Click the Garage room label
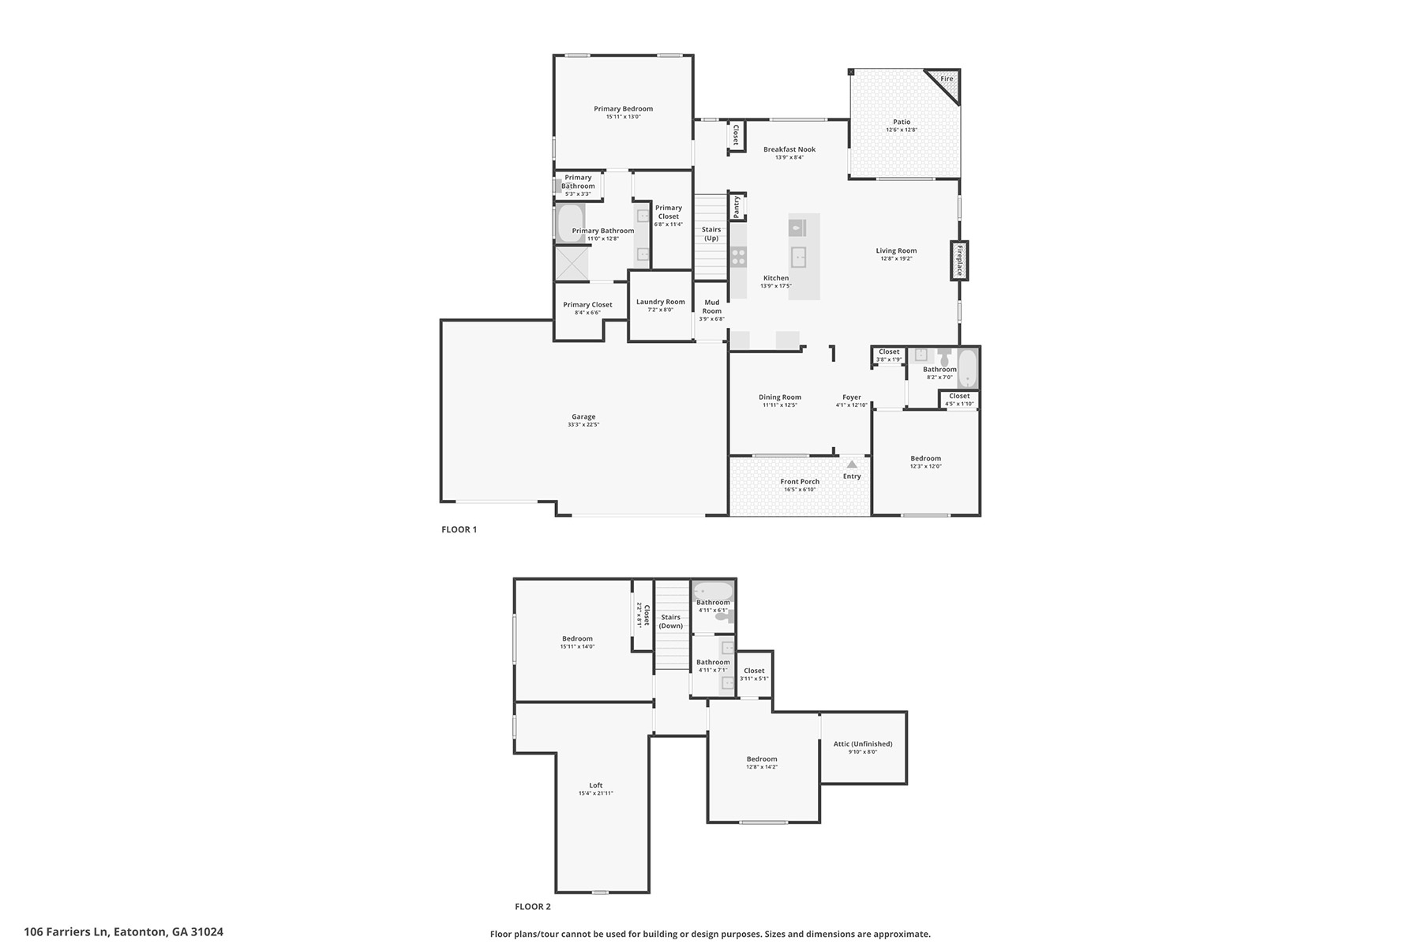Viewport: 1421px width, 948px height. click(583, 416)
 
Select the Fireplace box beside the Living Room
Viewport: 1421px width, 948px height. click(959, 260)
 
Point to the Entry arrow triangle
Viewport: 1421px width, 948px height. click(852, 465)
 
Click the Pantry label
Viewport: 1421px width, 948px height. click(737, 207)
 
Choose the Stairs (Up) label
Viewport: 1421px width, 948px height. click(711, 234)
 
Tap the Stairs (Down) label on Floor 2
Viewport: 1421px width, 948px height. click(671, 622)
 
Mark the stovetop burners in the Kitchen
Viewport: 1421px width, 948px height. click(738, 256)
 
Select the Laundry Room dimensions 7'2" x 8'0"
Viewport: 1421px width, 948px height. click(660, 310)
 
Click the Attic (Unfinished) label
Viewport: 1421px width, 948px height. click(863, 743)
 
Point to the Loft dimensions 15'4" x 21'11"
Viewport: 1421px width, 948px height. click(596, 793)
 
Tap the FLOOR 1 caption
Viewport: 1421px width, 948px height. click(459, 529)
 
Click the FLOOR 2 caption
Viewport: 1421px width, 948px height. click(533, 907)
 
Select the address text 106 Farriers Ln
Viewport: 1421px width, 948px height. click(66, 932)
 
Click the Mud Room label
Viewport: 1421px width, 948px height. click(712, 307)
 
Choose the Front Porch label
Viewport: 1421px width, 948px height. click(800, 481)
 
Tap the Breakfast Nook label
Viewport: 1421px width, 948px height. click(789, 149)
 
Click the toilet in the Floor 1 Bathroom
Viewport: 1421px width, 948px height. click(944, 356)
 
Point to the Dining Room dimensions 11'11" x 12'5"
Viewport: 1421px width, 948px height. click(780, 405)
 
